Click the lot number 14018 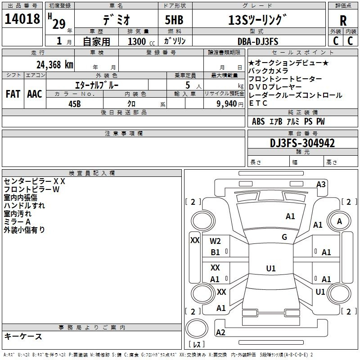click(x=22, y=19)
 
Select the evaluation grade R click(x=343, y=21)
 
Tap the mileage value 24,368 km click(x=53, y=65)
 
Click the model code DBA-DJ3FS click(x=258, y=41)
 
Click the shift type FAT click(x=13, y=94)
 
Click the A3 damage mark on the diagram click(x=321, y=184)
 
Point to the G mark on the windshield click(x=284, y=237)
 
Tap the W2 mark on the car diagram click(x=216, y=241)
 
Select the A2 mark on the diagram click(x=220, y=332)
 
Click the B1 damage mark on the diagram click(x=216, y=252)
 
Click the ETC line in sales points click(x=258, y=103)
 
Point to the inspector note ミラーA click(x=17, y=221)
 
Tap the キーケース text click(x=23, y=336)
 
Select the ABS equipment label click(x=258, y=121)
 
